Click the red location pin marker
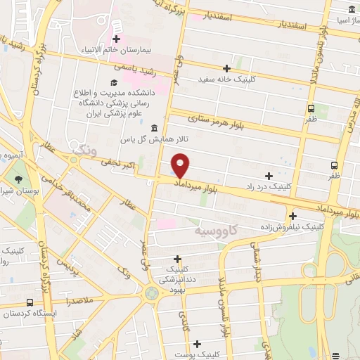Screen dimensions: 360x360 181,167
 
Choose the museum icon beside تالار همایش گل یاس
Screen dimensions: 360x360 154,127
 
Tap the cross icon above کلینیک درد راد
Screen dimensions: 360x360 268,175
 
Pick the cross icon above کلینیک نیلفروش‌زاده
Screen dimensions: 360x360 292,216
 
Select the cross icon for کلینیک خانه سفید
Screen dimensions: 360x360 226,68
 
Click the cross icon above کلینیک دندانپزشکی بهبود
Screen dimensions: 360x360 177,259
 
